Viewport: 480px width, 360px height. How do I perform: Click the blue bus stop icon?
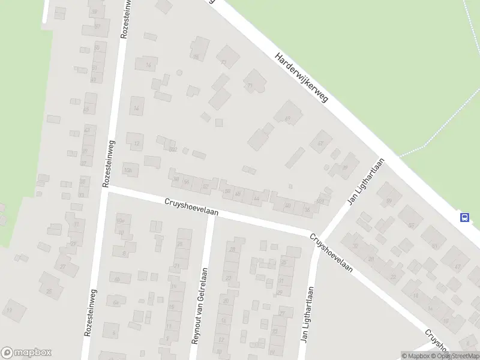(x=464, y=217)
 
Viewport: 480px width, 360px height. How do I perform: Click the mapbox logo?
(x=26, y=353)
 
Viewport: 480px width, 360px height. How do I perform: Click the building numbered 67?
(x=320, y=143)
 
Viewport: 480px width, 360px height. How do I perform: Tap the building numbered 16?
(x=148, y=65)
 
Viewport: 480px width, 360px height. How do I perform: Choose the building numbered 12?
(x=136, y=142)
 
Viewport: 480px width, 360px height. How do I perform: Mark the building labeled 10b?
(x=129, y=170)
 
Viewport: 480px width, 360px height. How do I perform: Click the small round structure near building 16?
(x=179, y=73)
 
